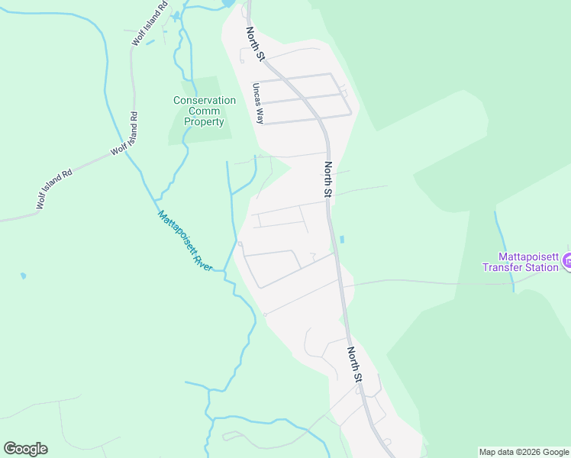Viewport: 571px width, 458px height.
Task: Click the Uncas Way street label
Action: pyautogui.click(x=260, y=105)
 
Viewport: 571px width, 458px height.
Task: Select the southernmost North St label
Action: pyautogui.click(x=354, y=365)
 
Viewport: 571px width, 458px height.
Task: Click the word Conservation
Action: pyautogui.click(x=205, y=100)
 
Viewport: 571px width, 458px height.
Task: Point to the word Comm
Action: pyautogui.click(x=205, y=111)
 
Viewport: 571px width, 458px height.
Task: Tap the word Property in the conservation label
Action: pyautogui.click(x=205, y=121)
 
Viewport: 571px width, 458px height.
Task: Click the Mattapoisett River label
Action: pyautogui.click(x=185, y=240)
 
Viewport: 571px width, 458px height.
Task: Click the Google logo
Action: pyautogui.click(x=25, y=449)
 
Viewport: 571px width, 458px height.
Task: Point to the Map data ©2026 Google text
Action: pyautogui.click(x=523, y=452)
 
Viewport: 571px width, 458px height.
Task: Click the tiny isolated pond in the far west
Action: pyautogui.click(x=23, y=275)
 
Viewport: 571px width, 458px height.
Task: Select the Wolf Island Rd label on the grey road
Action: pyautogui.click(x=54, y=189)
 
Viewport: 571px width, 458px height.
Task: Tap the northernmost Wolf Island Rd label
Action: pyautogui.click(x=149, y=24)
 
